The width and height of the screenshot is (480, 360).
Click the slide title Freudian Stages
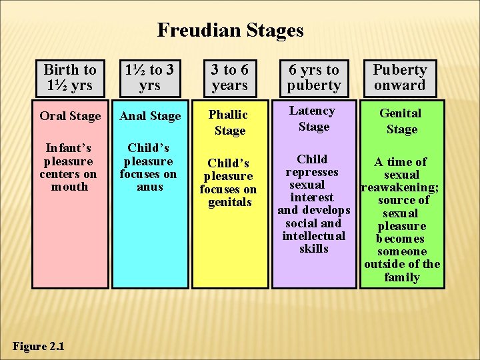pos(230,30)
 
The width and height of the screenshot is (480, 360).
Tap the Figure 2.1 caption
pos(39,346)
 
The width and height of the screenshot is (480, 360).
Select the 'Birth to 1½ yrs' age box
pos(70,77)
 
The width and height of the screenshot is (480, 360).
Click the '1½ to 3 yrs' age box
pos(150,77)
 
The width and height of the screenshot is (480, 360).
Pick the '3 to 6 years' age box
pos(229,77)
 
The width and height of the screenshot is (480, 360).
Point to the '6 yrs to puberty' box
pos(313,77)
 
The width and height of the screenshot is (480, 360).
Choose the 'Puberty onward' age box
pos(400,77)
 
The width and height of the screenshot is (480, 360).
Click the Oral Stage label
pos(70,116)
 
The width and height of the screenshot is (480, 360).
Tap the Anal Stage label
pos(150,116)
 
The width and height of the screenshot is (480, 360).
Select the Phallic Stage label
pos(229,123)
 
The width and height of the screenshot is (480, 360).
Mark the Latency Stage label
pos(313,118)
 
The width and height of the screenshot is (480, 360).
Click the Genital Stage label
pos(401,121)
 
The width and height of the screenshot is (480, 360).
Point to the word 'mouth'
pos(69,187)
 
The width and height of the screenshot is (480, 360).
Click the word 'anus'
pos(149,187)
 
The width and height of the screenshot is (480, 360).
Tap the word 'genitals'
pos(229,202)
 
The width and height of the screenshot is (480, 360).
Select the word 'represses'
pos(312,172)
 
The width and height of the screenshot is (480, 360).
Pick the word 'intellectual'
pos(313,236)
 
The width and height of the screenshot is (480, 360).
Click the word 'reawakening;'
pos(399,187)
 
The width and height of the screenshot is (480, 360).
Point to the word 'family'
pos(401,277)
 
